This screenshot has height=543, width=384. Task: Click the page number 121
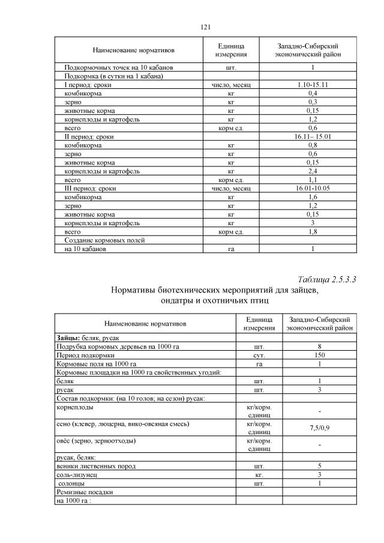coord(205,27)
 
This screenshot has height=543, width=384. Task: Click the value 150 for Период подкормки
coord(320,355)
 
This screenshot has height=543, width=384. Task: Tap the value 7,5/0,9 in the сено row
coord(320,428)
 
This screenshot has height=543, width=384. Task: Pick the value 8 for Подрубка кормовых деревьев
coord(320,347)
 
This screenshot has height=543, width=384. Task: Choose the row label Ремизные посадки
coord(85,491)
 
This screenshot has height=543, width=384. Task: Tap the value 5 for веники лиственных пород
coord(320,466)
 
